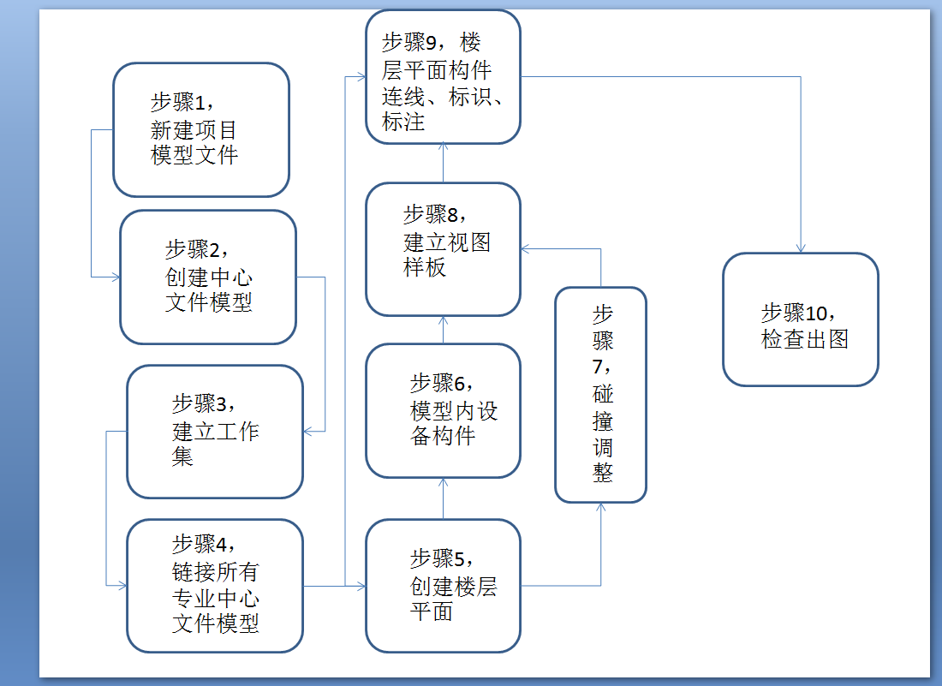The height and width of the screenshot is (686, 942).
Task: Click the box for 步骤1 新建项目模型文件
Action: tap(201, 130)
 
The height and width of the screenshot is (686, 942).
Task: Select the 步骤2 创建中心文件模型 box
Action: tap(208, 277)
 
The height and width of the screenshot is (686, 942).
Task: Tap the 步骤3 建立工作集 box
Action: tap(215, 432)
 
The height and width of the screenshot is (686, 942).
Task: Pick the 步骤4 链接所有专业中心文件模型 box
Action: tap(215, 586)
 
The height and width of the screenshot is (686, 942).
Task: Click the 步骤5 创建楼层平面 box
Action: tap(443, 586)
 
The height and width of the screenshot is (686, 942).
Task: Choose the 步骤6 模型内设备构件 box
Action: tap(443, 410)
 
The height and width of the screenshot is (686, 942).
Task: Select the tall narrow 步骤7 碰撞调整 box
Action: tap(600, 395)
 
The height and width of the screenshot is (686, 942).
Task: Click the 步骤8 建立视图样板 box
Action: tap(443, 249)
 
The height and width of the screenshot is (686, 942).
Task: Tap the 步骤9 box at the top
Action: tap(443, 77)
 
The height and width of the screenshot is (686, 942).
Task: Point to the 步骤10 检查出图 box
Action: tap(801, 319)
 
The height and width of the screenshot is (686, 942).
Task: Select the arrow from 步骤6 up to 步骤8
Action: tap(443, 330)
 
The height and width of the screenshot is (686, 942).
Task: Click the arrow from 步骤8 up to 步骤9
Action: tap(443, 163)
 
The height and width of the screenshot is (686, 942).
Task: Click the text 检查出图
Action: tap(805, 339)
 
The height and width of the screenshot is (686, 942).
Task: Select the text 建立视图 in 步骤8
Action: tap(447, 242)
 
